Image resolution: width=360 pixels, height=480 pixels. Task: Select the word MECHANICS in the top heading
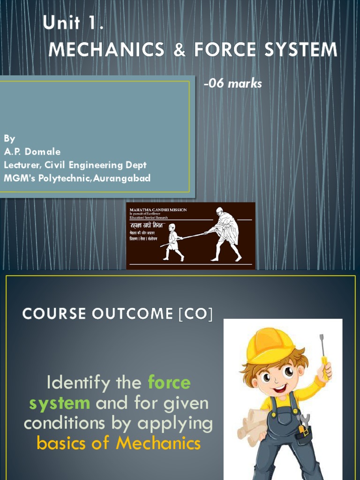coord(106,50)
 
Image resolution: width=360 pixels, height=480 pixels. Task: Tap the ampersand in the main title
coord(179,50)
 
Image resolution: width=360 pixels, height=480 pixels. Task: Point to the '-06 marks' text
coord(232,84)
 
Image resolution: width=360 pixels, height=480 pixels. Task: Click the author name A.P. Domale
coord(32,151)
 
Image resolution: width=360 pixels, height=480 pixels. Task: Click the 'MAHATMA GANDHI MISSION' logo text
coord(158,210)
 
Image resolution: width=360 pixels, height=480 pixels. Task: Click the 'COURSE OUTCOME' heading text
coord(98,314)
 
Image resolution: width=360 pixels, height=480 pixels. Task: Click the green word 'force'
coord(169,383)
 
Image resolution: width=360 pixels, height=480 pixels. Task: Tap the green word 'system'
coord(59,403)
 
